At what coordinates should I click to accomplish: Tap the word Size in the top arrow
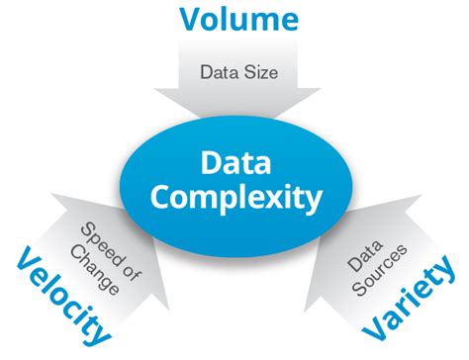(255, 71)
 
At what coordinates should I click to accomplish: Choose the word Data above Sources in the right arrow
(357, 247)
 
